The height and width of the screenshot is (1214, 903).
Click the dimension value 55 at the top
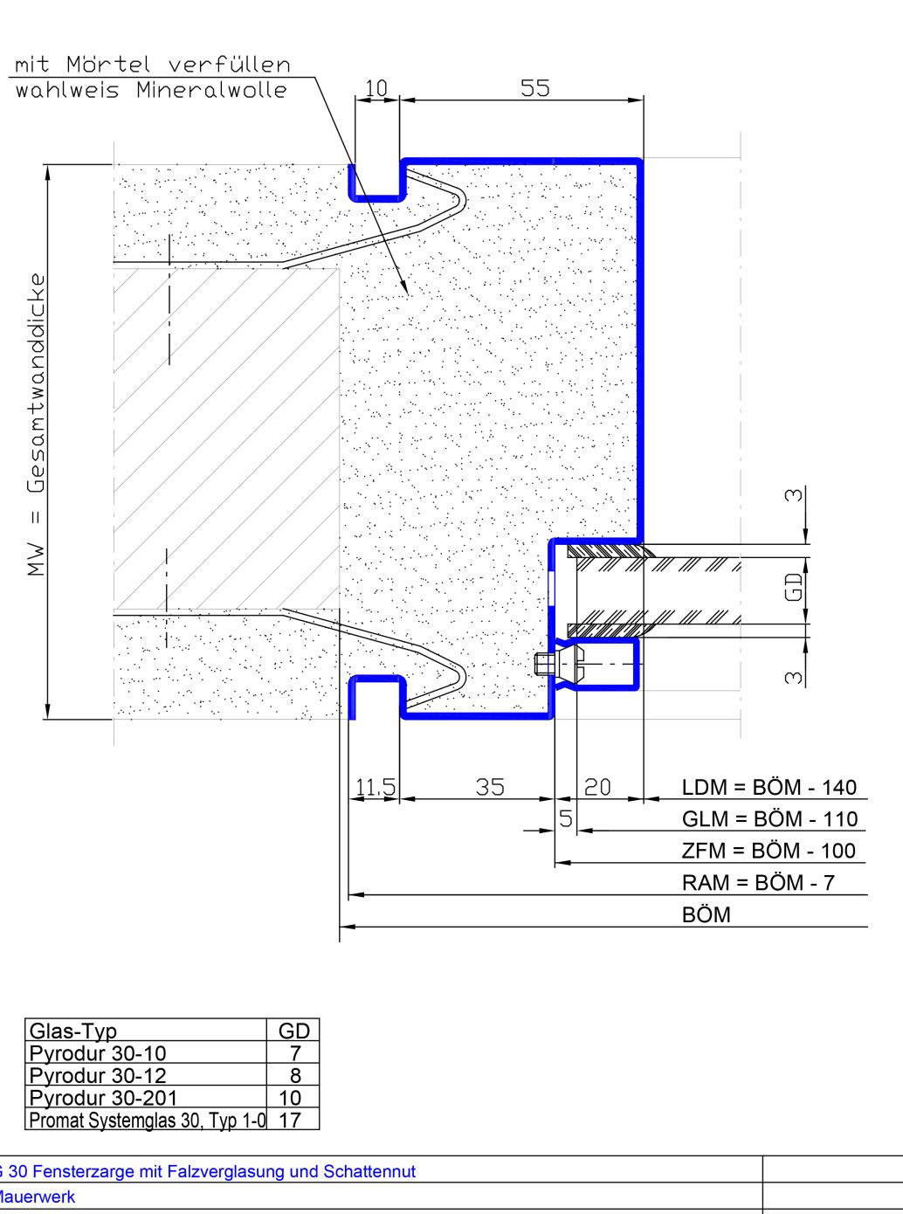pyautogui.click(x=534, y=88)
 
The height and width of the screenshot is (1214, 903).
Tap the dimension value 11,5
pyautogui.click(x=376, y=787)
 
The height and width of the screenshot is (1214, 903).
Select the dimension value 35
pyautogui.click(x=490, y=787)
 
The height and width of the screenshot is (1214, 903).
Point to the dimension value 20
pyautogui.click(x=597, y=787)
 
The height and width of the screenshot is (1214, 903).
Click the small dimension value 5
pyautogui.click(x=566, y=818)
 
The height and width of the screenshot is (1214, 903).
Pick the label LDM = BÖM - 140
pyautogui.click(x=769, y=788)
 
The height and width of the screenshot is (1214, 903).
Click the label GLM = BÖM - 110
pyautogui.click(x=769, y=819)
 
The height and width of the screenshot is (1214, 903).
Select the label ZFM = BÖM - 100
pyautogui.click(x=769, y=852)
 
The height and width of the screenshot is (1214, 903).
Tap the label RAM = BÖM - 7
pyautogui.click(x=758, y=883)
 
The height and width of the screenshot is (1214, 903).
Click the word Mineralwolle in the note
pyautogui.click(x=212, y=90)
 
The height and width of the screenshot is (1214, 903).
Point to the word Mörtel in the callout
pyautogui.click(x=108, y=65)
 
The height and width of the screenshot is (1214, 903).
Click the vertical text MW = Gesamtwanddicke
pyautogui.click(x=36, y=424)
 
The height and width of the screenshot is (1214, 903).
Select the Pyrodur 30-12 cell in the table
pyautogui.click(x=98, y=1075)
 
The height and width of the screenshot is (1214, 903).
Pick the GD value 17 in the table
pyautogui.click(x=290, y=1120)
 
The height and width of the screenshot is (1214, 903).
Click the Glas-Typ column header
pyautogui.click(x=72, y=1031)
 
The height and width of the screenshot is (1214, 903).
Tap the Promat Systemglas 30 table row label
pyautogui.click(x=148, y=1121)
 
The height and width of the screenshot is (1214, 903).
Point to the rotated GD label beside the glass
pyautogui.click(x=794, y=587)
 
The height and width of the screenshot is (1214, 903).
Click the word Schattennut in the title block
pyautogui.click(x=369, y=1172)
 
